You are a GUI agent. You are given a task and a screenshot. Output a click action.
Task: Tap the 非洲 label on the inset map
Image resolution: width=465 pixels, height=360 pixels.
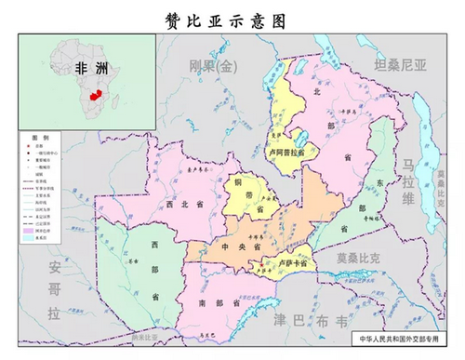click(90, 67)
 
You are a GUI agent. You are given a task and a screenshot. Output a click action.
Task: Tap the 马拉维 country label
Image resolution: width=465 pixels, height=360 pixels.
click(408, 181)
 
